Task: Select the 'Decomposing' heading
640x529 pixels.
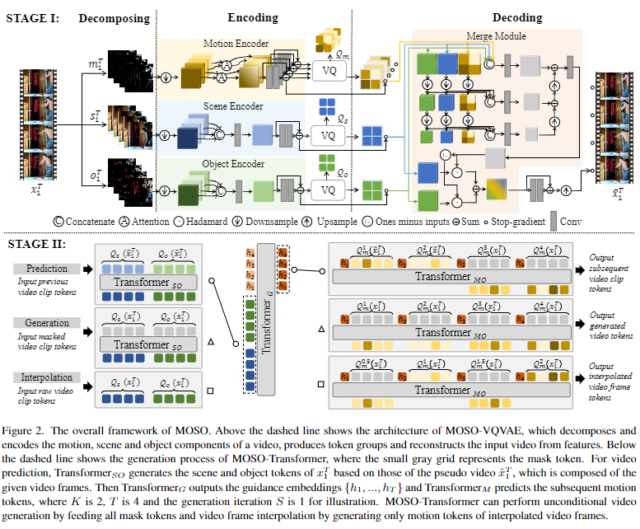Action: pyautogui.click(x=114, y=16)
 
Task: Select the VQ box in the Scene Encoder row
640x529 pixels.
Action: pyautogui.click(x=329, y=134)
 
